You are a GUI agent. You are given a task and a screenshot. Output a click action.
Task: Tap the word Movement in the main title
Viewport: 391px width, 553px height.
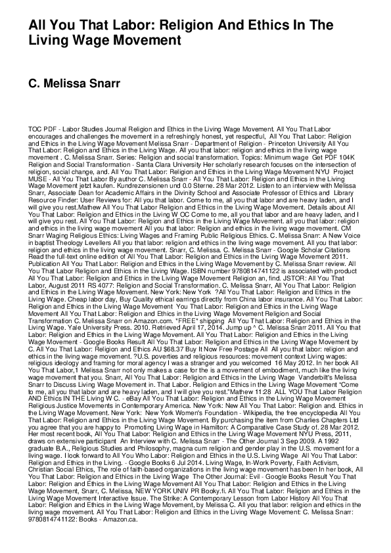click(x=148, y=40)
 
